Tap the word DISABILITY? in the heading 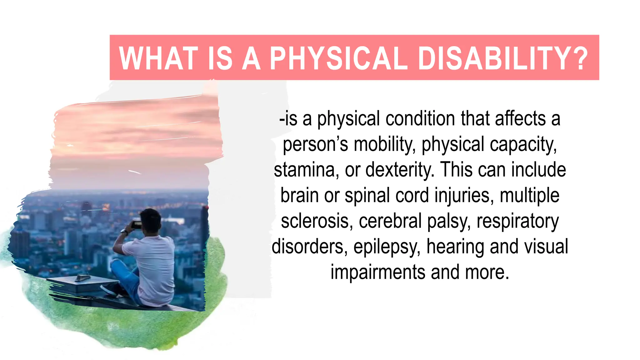pyautogui.click(x=503, y=58)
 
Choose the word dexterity pyautogui.click(x=400, y=170)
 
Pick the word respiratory pyautogui.click(x=517, y=221)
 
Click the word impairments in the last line pyautogui.click(x=378, y=272)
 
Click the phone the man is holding pyautogui.click(x=137, y=224)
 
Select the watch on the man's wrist pyautogui.click(x=124, y=232)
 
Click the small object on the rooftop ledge pyautogui.click(x=83, y=277)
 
